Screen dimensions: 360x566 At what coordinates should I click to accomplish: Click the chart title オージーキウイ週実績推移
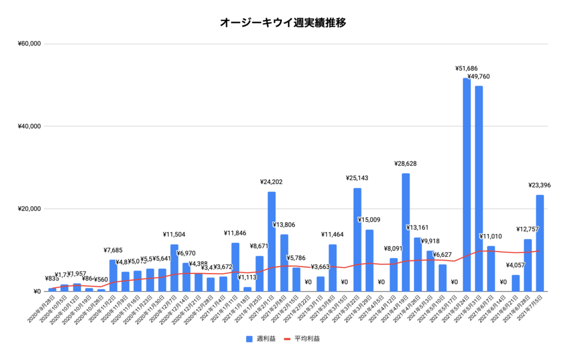(283, 23)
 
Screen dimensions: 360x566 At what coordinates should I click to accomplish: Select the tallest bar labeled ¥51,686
(467, 185)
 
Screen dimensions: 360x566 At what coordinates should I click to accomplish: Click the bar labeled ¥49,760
(479, 189)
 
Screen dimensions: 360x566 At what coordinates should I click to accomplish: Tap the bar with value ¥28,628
(406, 232)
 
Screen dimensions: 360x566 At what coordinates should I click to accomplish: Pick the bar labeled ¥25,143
(357, 239)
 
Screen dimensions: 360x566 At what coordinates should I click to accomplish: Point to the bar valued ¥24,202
(271, 241)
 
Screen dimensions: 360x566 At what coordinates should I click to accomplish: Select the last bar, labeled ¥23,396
(539, 243)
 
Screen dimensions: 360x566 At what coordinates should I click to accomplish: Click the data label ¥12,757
(528, 229)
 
